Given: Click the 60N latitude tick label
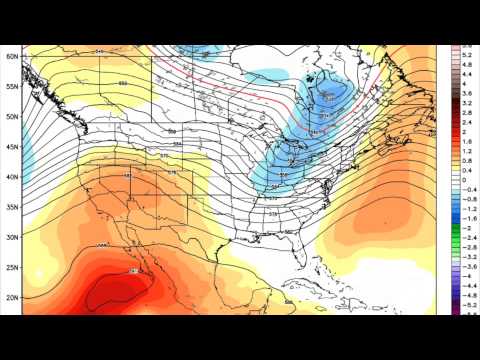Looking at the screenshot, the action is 10,56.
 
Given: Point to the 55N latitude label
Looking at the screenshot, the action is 10,87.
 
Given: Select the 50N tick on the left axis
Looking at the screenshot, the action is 10,117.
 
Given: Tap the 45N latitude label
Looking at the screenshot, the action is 10,147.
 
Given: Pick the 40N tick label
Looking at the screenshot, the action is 10,177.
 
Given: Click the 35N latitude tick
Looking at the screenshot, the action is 10,207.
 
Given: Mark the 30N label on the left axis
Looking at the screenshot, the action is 10,237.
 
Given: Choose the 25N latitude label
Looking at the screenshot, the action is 10,267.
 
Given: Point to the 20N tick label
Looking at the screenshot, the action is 10,297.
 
